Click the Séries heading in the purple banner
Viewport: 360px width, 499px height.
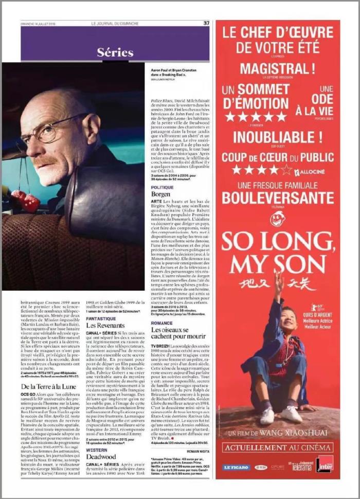[115, 52]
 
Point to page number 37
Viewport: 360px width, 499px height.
[206, 23]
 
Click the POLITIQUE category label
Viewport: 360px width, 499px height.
[162, 187]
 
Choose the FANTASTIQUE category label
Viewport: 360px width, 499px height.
[101, 318]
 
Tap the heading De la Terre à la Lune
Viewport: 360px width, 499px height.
[49, 386]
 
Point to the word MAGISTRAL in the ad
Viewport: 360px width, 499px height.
[277, 68]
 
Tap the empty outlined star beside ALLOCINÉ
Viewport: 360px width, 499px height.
[286, 169]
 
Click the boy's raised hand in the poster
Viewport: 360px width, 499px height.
[278, 278]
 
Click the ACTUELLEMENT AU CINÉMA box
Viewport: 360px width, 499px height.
[277, 447]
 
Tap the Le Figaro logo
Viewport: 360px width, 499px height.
[236, 467]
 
